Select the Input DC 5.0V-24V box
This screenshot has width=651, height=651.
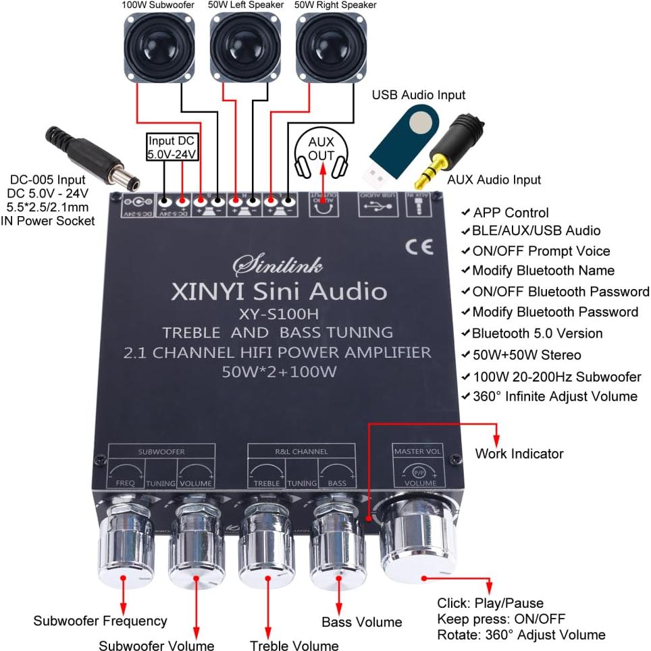pos(172,147)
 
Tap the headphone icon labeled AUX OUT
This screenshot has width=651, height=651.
pos(321,149)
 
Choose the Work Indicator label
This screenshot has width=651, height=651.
pos(519,454)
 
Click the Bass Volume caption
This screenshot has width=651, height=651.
pos(361,622)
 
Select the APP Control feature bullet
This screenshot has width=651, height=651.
pos(510,213)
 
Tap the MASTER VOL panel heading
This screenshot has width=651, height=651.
pos(416,451)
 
